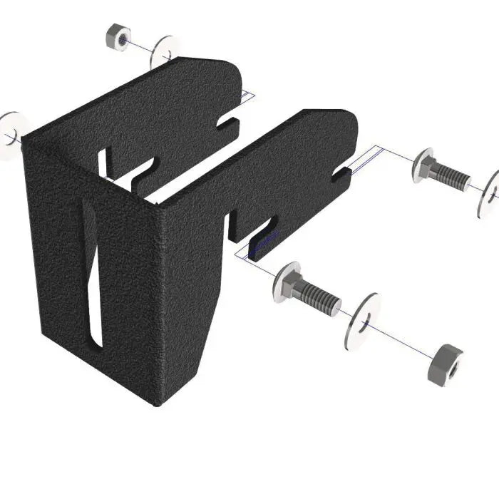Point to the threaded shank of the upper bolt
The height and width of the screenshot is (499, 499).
point(452,177)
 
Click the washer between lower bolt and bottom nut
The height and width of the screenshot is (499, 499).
point(361,320)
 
